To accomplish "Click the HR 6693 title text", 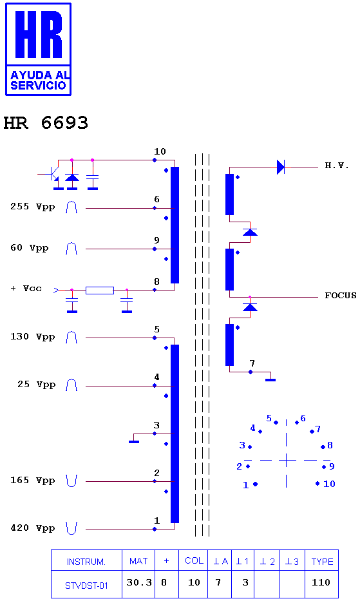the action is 46,123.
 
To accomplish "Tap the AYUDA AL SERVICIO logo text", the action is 39,80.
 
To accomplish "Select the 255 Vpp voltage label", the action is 33,207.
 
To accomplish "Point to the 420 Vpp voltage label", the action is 33,528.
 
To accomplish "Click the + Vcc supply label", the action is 26,288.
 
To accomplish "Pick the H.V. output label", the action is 337,166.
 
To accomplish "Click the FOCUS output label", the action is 341,296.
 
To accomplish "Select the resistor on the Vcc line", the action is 100,290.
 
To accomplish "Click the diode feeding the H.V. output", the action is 281,167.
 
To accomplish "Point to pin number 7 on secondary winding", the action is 252,363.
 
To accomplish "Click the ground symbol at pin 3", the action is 134,442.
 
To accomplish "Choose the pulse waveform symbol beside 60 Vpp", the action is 71,249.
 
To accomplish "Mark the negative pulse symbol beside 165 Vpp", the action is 71,481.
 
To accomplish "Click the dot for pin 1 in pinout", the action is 255,484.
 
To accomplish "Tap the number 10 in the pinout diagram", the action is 329,484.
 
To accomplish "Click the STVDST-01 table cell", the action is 86,584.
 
